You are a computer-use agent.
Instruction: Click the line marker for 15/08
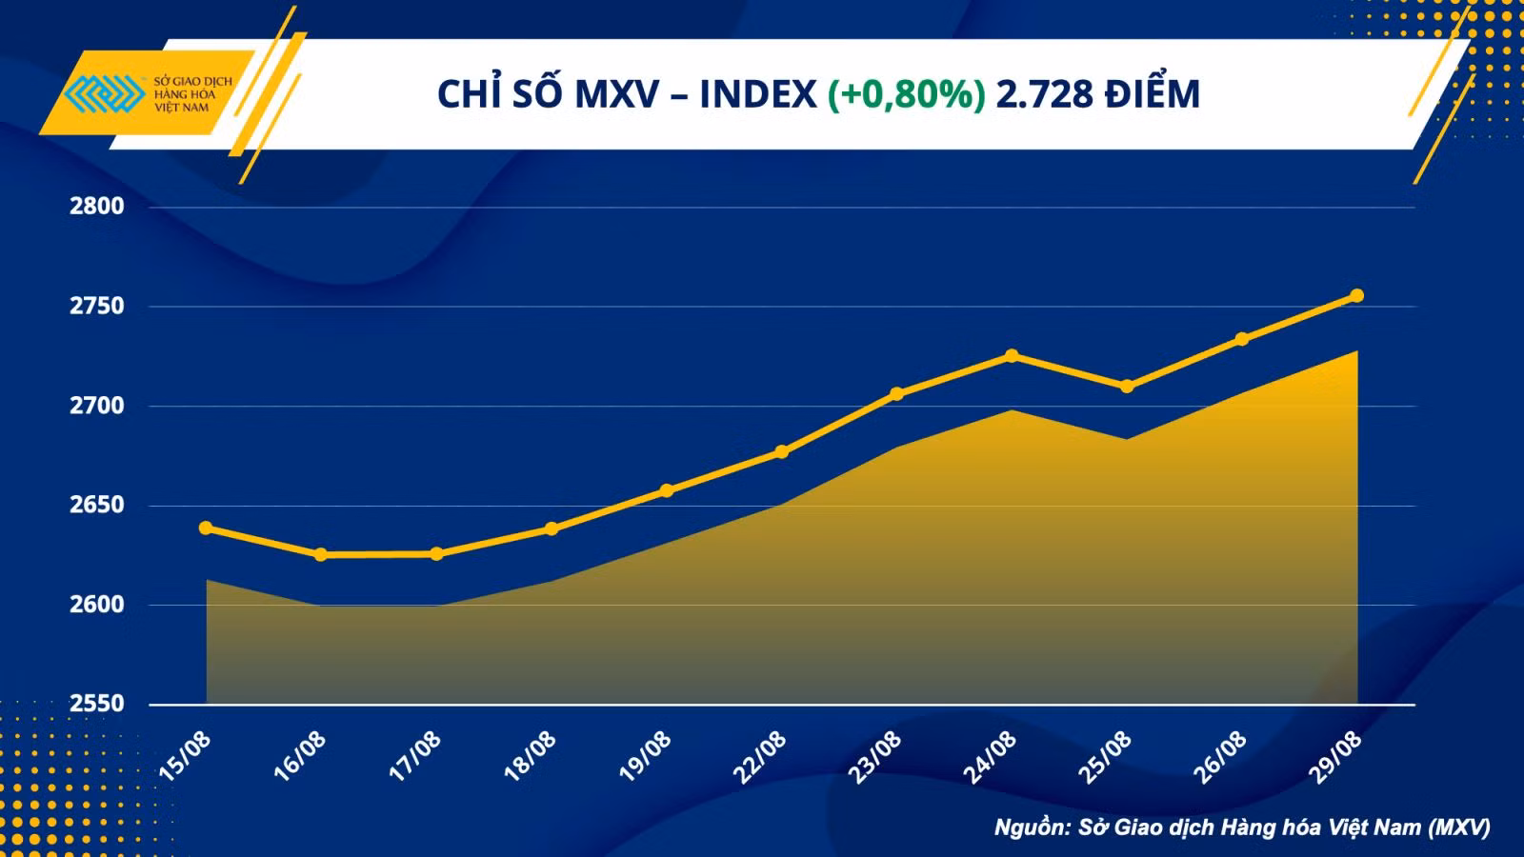coord(206,528)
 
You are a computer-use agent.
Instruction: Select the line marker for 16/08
coord(320,555)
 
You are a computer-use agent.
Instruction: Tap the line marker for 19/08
coord(667,490)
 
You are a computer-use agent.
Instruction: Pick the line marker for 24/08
coord(1012,356)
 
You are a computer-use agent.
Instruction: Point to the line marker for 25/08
coord(1127,387)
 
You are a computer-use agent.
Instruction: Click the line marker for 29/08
coord(1356,295)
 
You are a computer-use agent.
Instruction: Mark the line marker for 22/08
coord(782,452)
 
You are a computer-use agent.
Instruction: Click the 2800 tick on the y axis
coord(96,206)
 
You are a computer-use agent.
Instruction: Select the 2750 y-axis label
coord(96,306)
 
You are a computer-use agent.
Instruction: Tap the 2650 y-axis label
coord(96,506)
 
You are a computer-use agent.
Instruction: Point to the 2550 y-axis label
coord(96,704)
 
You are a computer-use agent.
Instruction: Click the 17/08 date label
coord(415,756)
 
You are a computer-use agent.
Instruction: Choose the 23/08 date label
coord(875,756)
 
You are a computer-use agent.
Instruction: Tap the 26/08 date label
coord(1220,756)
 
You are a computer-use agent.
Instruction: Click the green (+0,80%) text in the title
coord(906,94)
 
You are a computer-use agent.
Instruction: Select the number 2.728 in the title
coord(1044,94)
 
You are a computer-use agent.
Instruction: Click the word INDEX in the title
coord(758,94)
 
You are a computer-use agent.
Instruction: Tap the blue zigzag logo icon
coord(104,93)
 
